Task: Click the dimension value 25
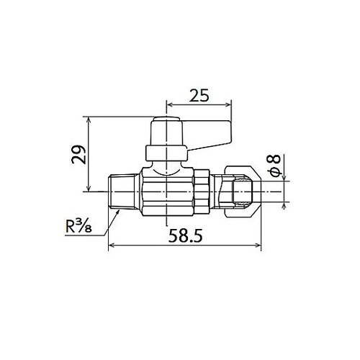tap(199, 96)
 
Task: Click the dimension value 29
tap(78, 155)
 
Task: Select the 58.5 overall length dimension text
tap(185, 235)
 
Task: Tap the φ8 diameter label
tap(276, 166)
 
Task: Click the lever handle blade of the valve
tap(207, 134)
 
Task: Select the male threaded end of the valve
tap(123, 192)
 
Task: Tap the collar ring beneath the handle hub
tap(166, 153)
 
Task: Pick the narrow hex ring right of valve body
tap(202, 192)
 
